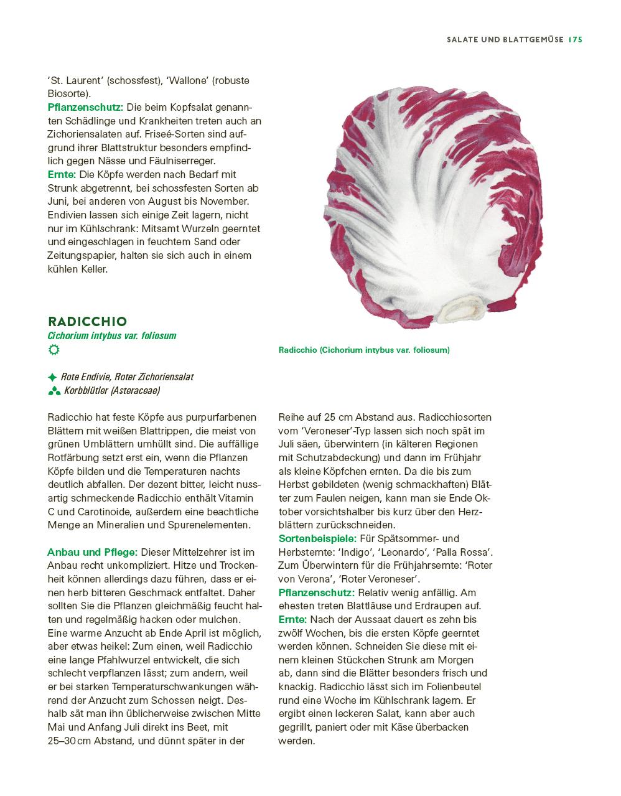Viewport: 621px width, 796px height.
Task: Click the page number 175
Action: (x=574, y=39)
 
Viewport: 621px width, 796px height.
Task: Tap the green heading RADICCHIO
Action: (x=87, y=321)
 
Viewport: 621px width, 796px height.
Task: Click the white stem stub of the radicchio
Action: (x=463, y=309)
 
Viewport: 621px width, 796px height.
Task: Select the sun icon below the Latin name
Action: (x=54, y=350)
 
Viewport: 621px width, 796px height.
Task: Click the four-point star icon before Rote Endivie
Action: (x=52, y=377)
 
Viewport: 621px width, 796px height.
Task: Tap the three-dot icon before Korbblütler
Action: (x=54, y=391)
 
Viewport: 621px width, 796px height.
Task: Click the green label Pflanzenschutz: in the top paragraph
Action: (x=85, y=107)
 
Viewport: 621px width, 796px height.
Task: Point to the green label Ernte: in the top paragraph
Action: (x=62, y=175)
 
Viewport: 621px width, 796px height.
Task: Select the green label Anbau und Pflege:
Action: (x=92, y=552)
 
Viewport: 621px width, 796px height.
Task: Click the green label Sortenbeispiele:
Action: (x=317, y=538)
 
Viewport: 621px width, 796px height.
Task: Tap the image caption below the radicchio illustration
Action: (x=364, y=350)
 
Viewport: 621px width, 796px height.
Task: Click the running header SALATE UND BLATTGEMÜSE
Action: (x=505, y=39)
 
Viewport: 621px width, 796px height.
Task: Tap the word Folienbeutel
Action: (x=452, y=686)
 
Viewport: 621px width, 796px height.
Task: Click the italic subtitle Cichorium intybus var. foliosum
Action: (x=112, y=335)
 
